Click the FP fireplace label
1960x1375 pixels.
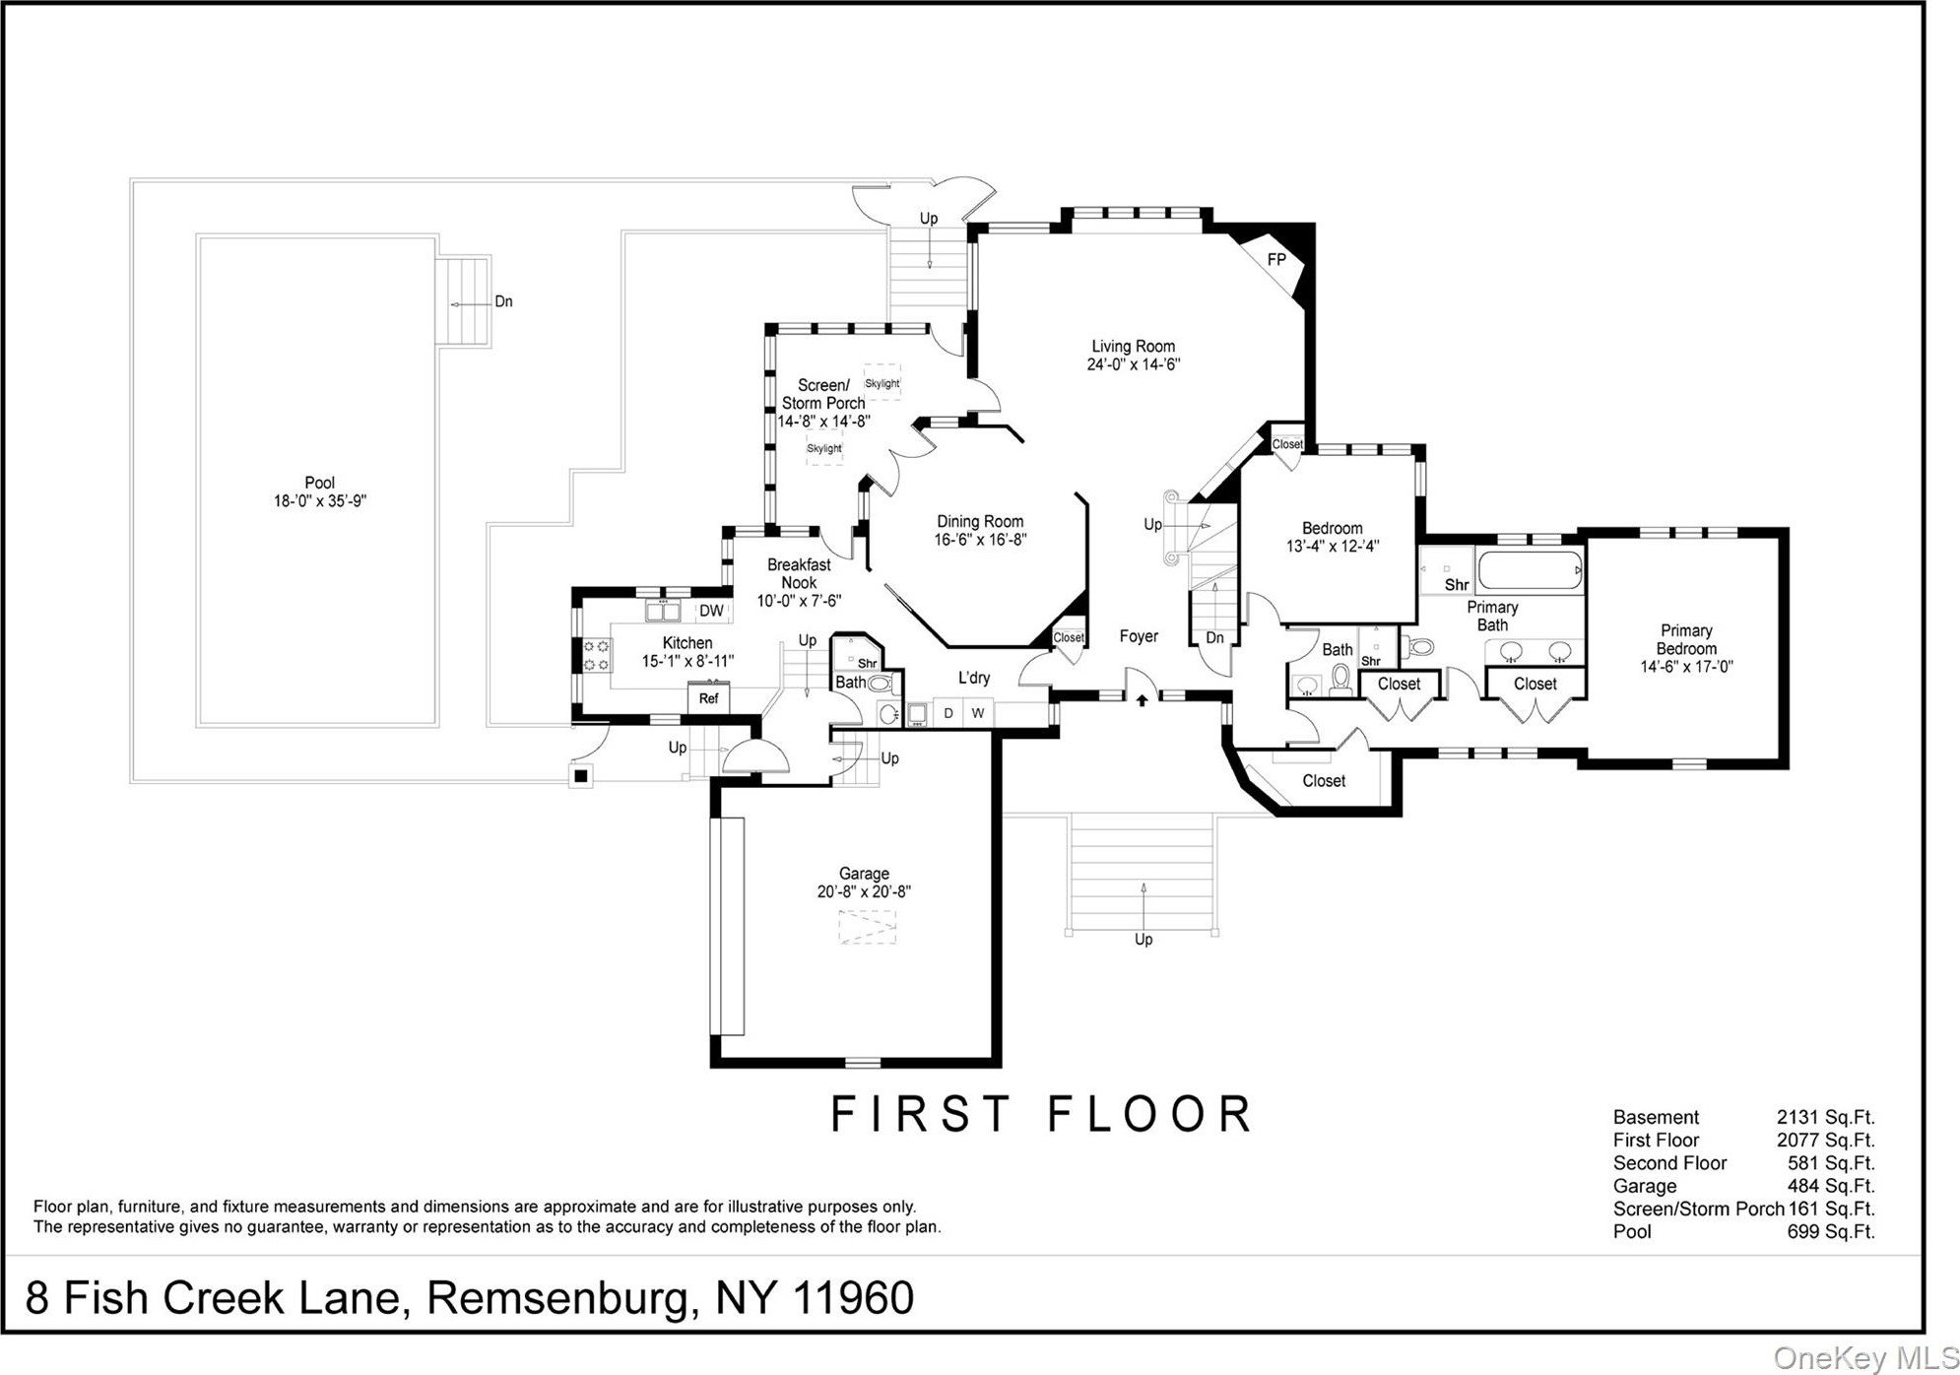pyautogui.click(x=1276, y=260)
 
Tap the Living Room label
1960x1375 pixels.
pyautogui.click(x=1133, y=347)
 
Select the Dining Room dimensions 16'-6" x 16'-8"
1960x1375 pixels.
pyautogui.click(x=980, y=540)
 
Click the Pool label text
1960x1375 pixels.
pyautogui.click(x=319, y=483)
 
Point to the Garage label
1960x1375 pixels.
pyautogui.click(x=864, y=874)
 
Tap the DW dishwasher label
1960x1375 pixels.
pyautogui.click(x=711, y=611)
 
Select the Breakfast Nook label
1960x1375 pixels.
pyautogui.click(x=799, y=573)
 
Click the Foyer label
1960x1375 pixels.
pyautogui.click(x=1139, y=636)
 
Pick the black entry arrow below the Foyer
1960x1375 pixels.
pyautogui.click(x=1143, y=700)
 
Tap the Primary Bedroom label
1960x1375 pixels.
pyautogui.click(x=1686, y=639)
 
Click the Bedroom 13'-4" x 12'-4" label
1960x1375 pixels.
pyautogui.click(x=1333, y=537)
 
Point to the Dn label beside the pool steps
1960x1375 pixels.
pyautogui.click(x=503, y=301)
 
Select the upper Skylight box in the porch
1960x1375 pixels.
pyautogui.click(x=882, y=383)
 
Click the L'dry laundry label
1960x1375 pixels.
pyautogui.click(x=974, y=678)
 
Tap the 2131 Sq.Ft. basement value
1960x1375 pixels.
pyautogui.click(x=1825, y=1117)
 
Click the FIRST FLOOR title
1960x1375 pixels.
pyautogui.click(x=1041, y=1114)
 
